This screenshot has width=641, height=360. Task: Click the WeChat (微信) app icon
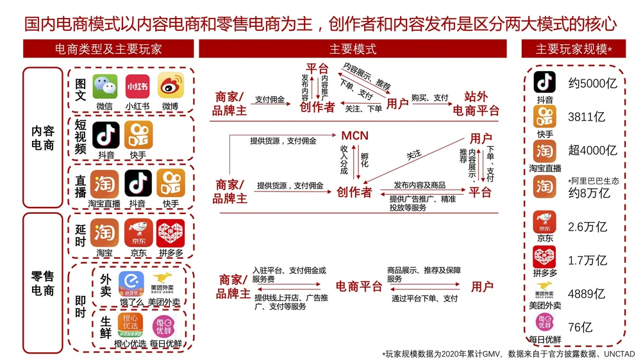pos(104,86)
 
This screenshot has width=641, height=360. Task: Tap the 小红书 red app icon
pos(137,86)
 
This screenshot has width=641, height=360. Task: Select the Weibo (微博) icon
pos(171,86)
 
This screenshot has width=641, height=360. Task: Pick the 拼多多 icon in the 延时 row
pos(171,233)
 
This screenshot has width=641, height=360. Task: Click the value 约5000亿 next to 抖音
pos(592,83)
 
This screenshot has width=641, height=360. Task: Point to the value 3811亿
pos(586,117)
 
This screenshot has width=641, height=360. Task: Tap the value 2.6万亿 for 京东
pos(587,227)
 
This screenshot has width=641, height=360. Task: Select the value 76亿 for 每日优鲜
pos(580,327)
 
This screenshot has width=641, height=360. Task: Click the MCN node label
pos(354,136)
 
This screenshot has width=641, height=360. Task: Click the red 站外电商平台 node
pos(476,104)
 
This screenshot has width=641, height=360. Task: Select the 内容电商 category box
pos(43,138)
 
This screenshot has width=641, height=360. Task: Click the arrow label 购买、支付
pos(429,98)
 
